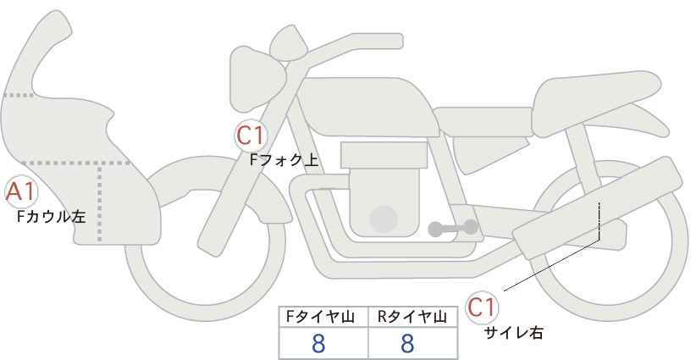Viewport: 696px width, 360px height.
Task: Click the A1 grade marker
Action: coord(21,192)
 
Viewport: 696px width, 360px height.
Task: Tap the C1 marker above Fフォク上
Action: coord(251,136)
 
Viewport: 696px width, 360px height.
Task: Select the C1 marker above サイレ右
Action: coord(482,307)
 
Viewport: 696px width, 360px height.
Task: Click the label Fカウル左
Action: coord(51,217)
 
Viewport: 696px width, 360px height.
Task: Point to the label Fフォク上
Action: coord(284,160)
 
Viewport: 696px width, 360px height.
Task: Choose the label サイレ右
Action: coord(514,333)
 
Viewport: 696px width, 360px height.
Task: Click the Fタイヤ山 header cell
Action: coord(323,317)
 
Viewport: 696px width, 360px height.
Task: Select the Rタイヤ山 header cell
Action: coord(413,317)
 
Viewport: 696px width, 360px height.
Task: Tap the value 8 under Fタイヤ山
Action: coord(318,344)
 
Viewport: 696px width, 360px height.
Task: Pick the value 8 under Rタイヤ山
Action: coord(407,344)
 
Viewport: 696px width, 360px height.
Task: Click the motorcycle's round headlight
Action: coord(257,79)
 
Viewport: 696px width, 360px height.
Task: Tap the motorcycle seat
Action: coord(594,104)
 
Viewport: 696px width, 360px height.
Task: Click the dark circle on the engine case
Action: coord(384,219)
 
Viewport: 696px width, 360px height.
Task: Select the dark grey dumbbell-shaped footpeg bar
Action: coord(453,228)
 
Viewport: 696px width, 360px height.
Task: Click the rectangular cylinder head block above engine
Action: coord(384,155)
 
